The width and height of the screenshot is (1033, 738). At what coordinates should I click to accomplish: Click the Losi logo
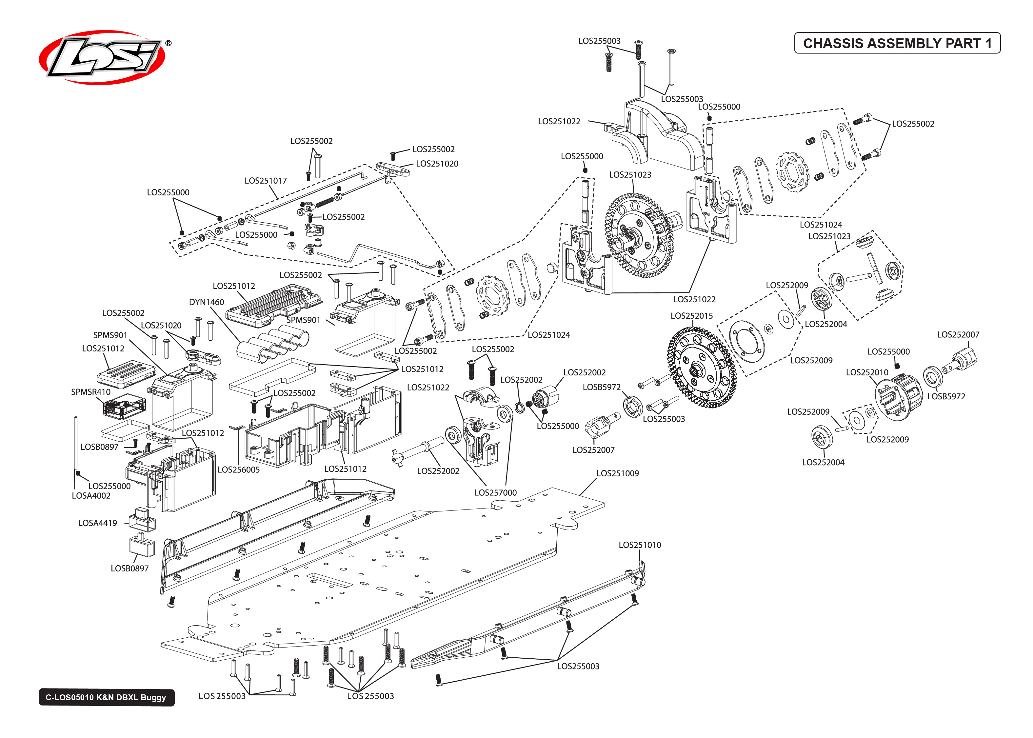point(102,57)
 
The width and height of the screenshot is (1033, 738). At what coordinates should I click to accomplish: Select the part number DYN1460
point(206,302)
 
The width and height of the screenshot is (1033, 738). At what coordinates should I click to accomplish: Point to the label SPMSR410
point(90,392)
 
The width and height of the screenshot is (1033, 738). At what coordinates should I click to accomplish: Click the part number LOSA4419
point(97,523)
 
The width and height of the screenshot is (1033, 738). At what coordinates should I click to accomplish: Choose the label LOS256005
point(238,469)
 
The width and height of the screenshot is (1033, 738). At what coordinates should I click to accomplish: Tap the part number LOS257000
point(495,493)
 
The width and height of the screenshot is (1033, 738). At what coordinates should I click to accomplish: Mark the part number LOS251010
point(640,545)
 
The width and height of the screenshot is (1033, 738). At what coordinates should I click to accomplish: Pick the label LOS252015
point(691,316)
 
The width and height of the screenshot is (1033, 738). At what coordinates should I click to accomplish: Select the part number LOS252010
point(867,373)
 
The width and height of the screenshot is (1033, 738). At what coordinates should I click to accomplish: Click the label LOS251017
point(266,181)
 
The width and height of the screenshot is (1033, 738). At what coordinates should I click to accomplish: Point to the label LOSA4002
point(91,496)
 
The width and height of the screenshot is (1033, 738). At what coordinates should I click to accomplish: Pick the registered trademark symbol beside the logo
point(169,43)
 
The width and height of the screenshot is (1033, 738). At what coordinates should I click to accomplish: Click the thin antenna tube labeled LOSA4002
point(76,445)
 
